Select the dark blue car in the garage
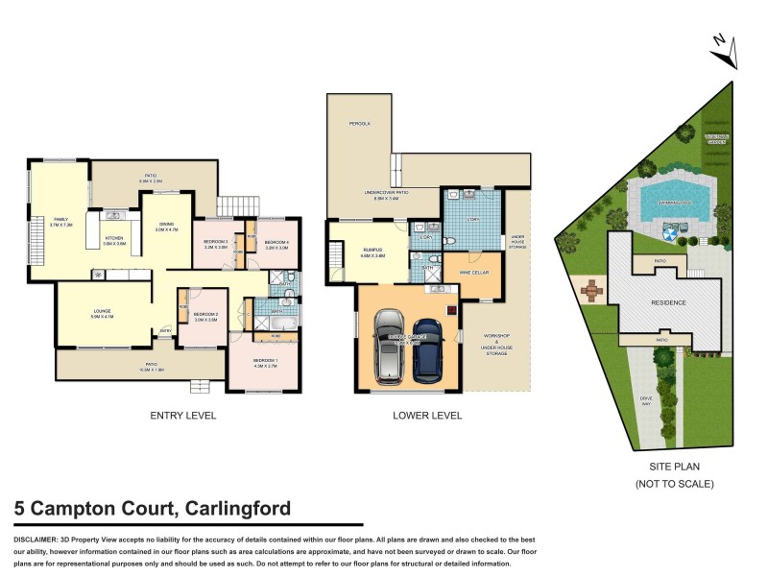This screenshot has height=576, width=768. pos(429,348)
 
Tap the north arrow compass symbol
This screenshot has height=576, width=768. pos(727,51)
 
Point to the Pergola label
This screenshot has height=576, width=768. pos(359,124)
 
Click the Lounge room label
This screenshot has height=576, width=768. pos(103,312)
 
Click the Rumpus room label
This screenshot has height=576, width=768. pos(372,252)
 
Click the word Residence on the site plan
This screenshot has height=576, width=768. pos(670,302)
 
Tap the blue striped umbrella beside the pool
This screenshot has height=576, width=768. pos(670,230)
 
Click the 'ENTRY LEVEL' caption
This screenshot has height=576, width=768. pos(182,416)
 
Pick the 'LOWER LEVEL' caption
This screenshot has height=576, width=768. pos(428,416)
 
